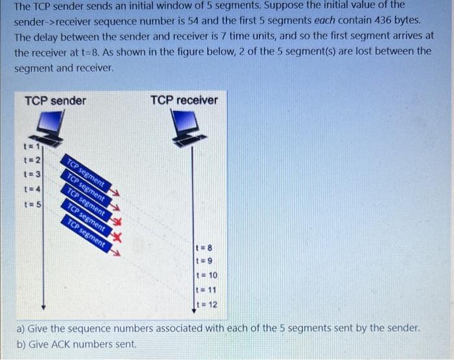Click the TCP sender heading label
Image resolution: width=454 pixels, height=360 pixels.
click(54, 101)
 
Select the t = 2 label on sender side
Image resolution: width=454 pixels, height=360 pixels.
click(32, 160)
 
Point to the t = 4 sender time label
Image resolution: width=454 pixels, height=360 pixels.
click(32, 189)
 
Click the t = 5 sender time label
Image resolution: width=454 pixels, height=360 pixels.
click(32, 205)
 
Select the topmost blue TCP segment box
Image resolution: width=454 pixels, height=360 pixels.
click(84, 172)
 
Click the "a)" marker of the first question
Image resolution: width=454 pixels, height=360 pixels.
click(21, 328)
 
